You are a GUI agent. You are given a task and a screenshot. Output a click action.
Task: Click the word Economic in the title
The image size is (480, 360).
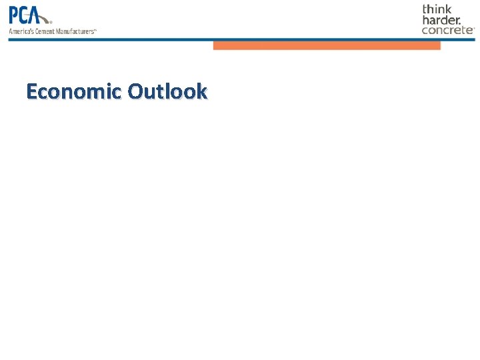tap(74, 91)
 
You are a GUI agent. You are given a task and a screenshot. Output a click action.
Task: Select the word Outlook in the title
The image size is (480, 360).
tap(167, 91)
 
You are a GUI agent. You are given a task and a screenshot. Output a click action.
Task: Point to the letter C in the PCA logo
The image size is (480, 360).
tap(27, 15)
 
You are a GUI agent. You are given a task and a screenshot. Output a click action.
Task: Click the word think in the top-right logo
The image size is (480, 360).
tap(437, 9)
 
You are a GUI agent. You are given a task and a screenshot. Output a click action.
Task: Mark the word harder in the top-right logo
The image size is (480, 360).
tap(439, 20)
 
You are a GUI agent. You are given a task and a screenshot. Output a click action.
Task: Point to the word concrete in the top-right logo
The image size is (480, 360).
tap(447, 30)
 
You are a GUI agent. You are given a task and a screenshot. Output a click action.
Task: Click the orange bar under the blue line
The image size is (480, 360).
tap(327, 45)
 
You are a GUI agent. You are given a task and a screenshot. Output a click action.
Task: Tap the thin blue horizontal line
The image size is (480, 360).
tap(240, 39)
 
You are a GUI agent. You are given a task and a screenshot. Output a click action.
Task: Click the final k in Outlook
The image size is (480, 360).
tap(201, 91)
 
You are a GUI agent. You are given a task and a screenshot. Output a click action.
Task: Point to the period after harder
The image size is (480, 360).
tap(459, 23)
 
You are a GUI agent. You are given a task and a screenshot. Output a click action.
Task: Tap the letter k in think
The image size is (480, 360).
tap(448, 9)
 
